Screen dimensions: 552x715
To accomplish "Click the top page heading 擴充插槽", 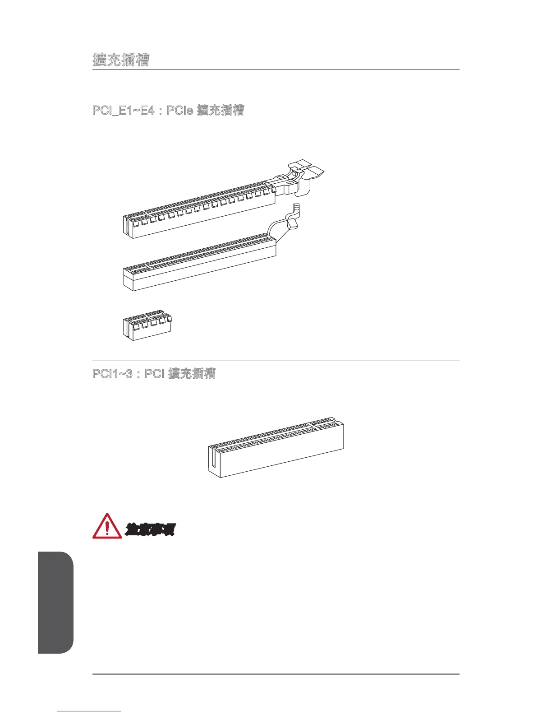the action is (121, 60).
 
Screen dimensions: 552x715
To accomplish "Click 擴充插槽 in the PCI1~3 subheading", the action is (192, 374).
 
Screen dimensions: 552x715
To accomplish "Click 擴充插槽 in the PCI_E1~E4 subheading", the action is (221, 110).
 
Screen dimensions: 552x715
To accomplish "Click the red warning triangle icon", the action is (107, 526).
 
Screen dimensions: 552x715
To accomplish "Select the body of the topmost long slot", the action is (198, 212).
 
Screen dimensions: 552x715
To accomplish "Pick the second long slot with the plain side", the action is (198, 266).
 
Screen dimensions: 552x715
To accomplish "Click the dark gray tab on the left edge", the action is (55, 602).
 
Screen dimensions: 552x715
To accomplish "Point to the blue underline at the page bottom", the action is (90, 711).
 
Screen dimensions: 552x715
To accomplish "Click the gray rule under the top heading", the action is (276, 70).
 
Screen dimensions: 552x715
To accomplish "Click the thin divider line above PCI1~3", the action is (276, 361).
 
